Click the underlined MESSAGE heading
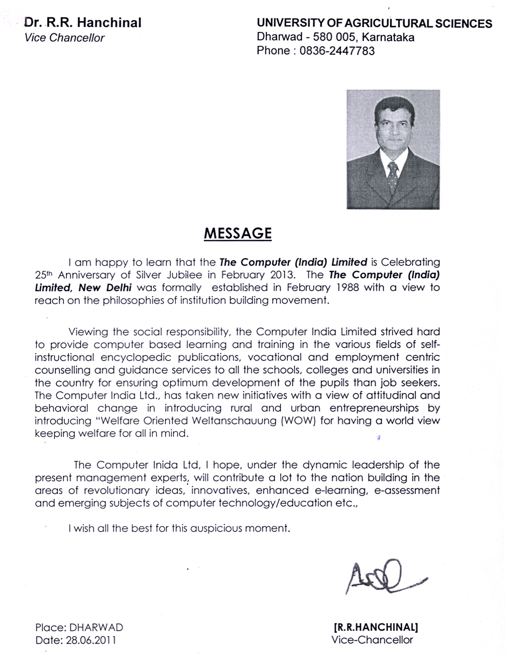(x=238, y=233)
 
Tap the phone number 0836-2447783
(x=337, y=51)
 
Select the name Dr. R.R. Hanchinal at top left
(x=83, y=23)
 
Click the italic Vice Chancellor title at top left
(x=65, y=38)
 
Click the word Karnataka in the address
(x=389, y=37)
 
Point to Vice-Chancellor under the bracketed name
(x=372, y=640)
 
